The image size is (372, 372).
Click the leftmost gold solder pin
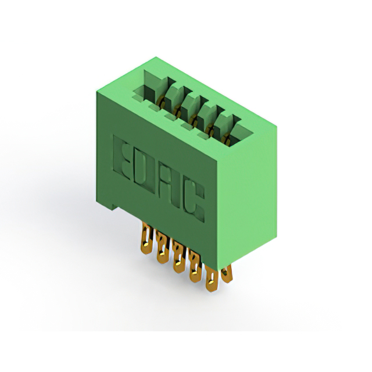(147, 238)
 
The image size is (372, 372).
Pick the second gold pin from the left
(162, 247)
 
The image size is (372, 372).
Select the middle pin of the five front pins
(178, 257)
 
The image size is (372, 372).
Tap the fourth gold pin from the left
(195, 266)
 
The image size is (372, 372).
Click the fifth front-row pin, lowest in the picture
(212, 278)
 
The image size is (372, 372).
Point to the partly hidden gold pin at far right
(227, 274)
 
